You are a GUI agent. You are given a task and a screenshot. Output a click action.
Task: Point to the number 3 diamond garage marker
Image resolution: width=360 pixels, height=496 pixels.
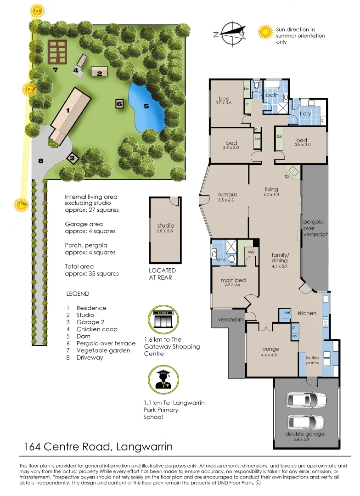[x=73, y=158]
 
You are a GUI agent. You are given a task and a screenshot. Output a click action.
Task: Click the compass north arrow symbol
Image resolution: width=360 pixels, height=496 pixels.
[x=230, y=33]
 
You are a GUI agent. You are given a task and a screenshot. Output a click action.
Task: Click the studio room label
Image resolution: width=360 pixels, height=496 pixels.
[x=166, y=225]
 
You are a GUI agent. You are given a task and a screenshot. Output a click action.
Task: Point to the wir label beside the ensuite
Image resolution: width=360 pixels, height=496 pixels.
[x=251, y=252]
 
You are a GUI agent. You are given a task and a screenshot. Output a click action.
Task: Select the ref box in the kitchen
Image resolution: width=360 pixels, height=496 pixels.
[x=287, y=313]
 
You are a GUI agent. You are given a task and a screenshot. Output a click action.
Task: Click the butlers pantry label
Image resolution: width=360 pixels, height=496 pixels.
[x=309, y=360]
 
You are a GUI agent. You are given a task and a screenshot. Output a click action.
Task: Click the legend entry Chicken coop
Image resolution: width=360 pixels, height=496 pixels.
[x=97, y=329]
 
